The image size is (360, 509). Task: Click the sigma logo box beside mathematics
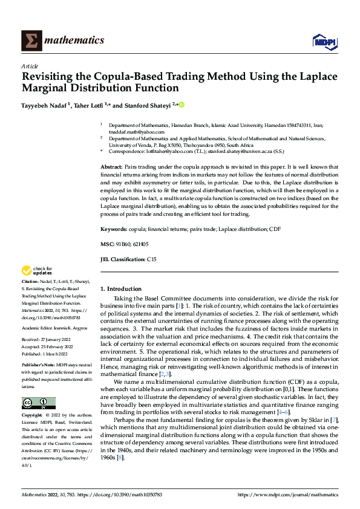(x=30, y=41)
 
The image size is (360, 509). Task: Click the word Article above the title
(x=30, y=66)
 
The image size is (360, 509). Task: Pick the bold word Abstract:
(x=111, y=166)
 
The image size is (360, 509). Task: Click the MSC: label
(x=107, y=244)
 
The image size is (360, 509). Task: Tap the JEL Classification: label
(x=123, y=259)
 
